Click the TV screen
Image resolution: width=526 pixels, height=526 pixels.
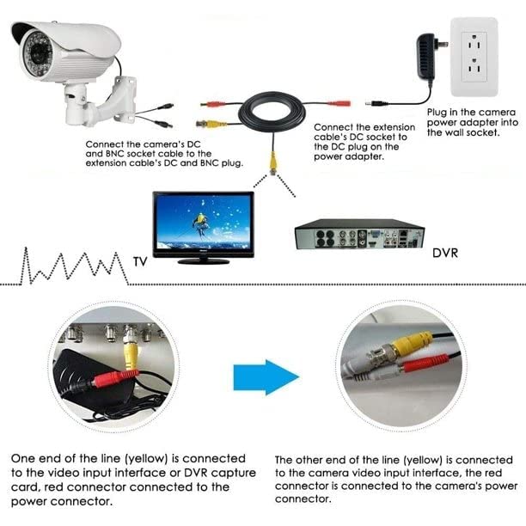click(203, 223)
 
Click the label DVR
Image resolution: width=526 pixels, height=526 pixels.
click(450, 254)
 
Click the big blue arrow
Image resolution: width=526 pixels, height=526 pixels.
click(266, 376)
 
